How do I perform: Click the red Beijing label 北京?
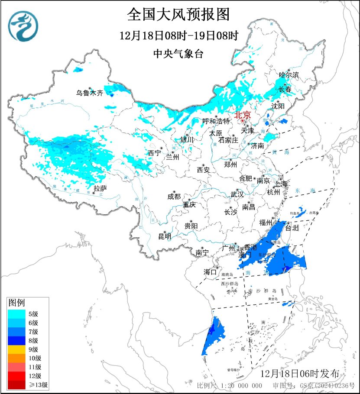(x=242, y=115)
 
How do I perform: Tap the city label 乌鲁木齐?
(x=90, y=93)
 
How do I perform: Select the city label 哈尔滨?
(x=289, y=75)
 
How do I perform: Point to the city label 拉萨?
(x=100, y=188)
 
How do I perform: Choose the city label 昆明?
(x=164, y=236)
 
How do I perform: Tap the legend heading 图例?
(x=16, y=302)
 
